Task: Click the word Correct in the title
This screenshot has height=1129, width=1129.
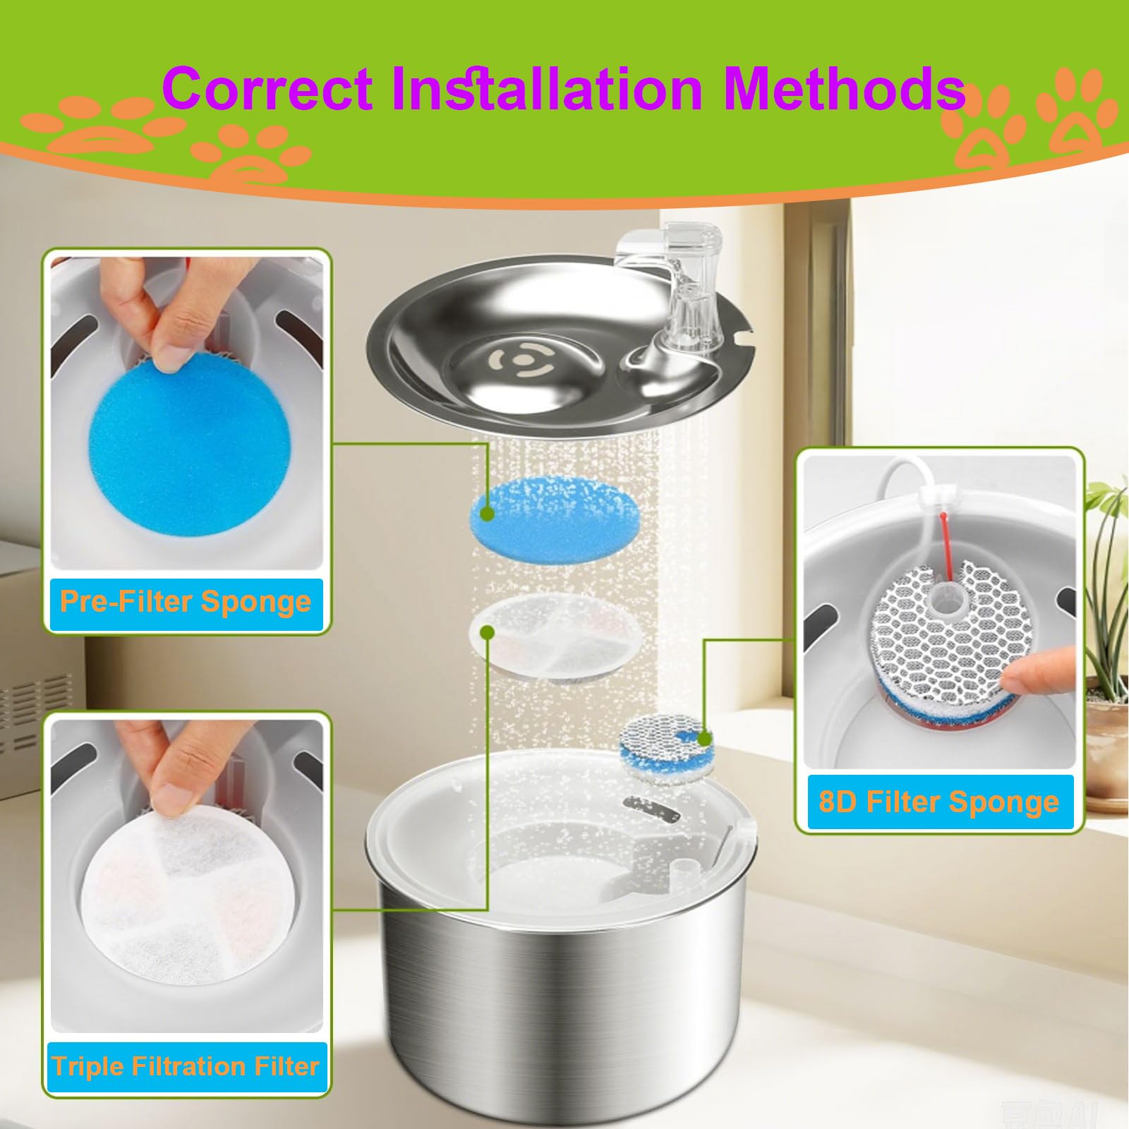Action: click(x=267, y=88)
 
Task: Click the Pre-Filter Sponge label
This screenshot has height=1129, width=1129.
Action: click(x=186, y=602)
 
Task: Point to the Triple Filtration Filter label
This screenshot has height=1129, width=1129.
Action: click(x=186, y=1066)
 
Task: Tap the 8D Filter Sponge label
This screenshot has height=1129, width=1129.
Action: click(x=939, y=802)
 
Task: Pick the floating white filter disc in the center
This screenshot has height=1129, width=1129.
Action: click(x=552, y=637)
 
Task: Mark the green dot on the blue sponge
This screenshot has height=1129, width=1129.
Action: click(x=486, y=514)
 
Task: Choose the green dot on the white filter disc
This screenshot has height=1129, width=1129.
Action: click(x=487, y=632)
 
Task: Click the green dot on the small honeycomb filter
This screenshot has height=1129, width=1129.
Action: click(x=704, y=739)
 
